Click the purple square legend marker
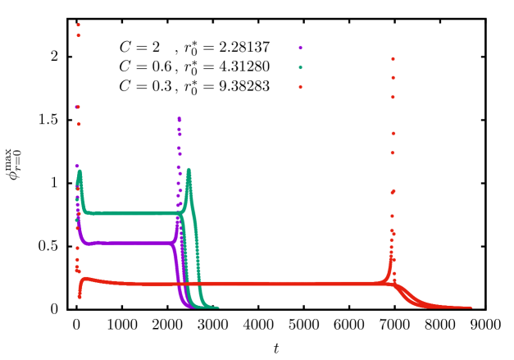pos(300,48)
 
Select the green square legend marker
pos(300,67)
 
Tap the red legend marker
pos(300,87)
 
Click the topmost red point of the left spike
pos(79,25)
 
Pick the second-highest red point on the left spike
pos(79,35)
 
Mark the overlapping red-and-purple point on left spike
pos(78,107)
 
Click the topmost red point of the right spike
pos(393,59)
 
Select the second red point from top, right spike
pos(393,78)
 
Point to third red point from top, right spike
pos(393,97)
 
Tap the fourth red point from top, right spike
pos(393,133)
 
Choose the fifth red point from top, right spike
pos(393,153)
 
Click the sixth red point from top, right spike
pos(393,191)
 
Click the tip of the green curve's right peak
pos(189,170)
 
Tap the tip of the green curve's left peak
pos(80,171)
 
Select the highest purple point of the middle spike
pos(179,118)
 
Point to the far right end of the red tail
pos(471,308)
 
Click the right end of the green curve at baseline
pos(217,308)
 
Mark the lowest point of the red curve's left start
pos(79,297)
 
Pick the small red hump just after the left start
pos(84,279)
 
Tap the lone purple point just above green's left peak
pos(77,166)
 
